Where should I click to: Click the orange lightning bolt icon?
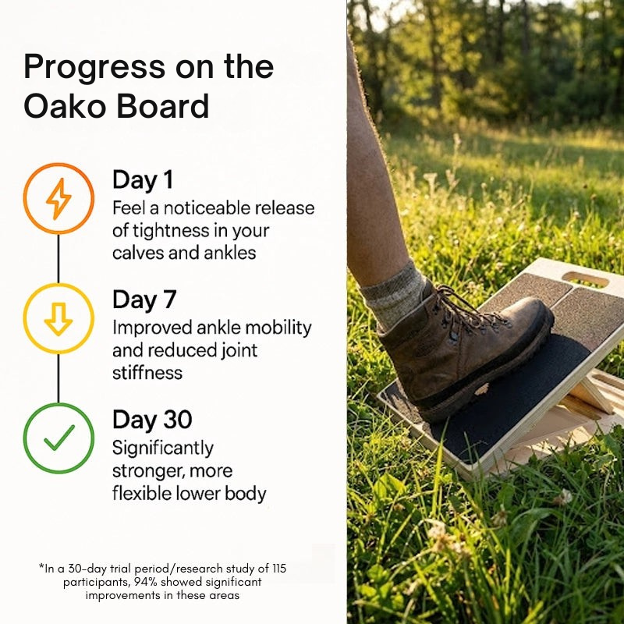click(58, 199)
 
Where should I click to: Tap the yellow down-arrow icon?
click(58, 319)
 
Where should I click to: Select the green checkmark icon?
click(58, 438)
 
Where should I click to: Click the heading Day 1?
click(143, 180)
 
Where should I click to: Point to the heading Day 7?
click(144, 300)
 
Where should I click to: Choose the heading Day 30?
click(152, 420)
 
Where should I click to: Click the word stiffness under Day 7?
click(147, 372)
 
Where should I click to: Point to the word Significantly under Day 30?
click(162, 448)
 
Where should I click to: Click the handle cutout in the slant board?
click(585, 278)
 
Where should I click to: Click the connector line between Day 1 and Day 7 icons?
click(58, 259)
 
